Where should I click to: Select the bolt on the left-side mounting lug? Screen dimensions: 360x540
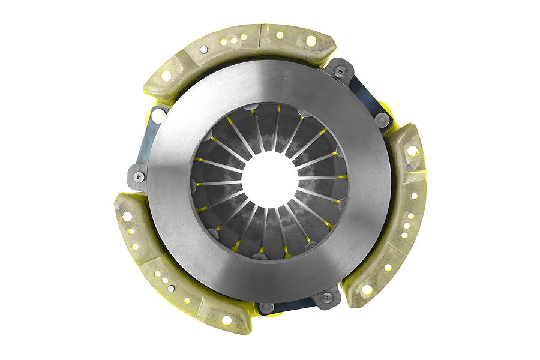point(139,176)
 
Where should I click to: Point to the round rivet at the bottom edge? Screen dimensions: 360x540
point(266,307)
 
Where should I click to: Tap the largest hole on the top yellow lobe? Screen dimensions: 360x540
point(311,41)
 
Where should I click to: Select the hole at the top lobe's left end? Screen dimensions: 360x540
point(166,76)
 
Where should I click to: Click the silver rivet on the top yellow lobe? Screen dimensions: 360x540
point(204,50)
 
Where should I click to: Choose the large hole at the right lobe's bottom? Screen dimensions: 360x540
point(367,289)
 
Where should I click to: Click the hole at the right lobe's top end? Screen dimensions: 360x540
point(412,150)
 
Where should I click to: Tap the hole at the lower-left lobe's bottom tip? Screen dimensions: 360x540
point(226,320)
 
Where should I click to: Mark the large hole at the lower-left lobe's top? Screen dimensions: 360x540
point(127,217)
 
